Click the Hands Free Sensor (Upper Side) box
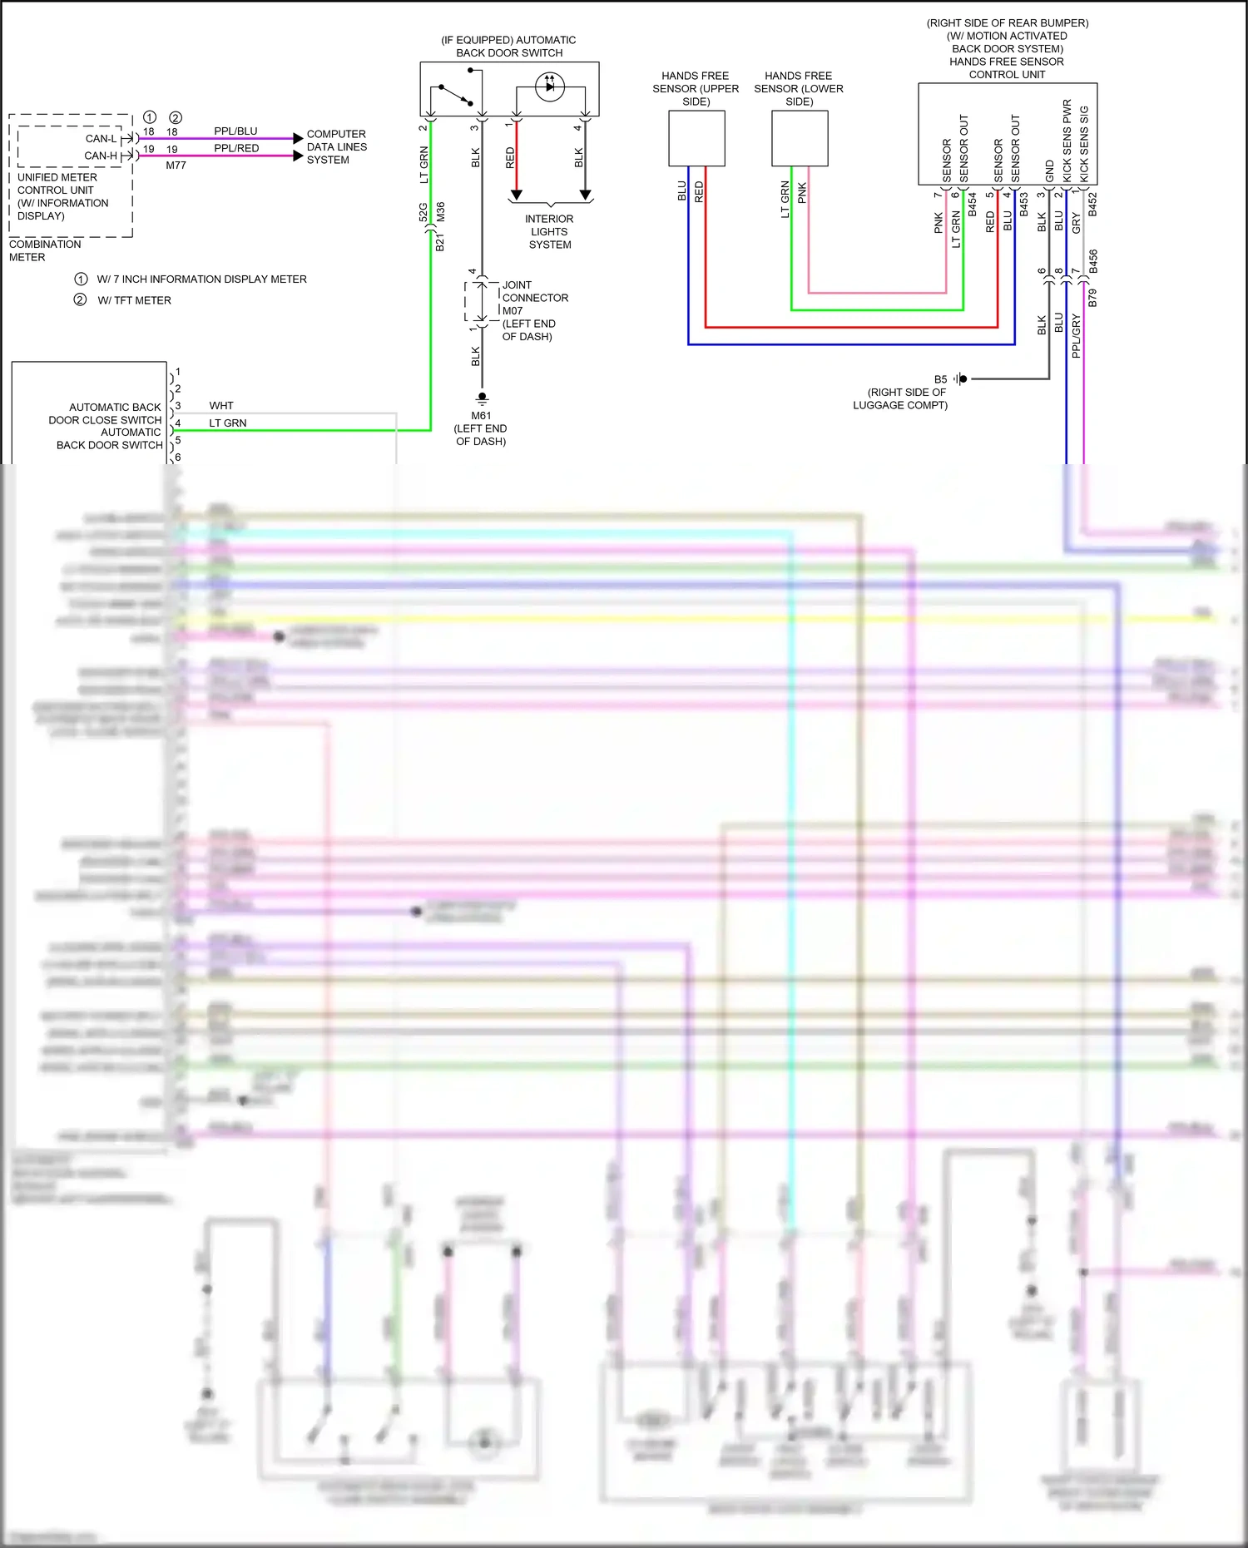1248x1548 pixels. pos(696,138)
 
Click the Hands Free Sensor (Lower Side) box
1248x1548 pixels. pos(799,138)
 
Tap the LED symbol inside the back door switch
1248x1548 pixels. pos(550,87)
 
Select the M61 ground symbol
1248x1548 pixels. pos(481,398)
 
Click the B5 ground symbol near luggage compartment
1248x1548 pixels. pos(961,378)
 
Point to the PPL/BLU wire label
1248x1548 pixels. pos(235,131)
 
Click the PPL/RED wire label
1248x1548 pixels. pos(236,148)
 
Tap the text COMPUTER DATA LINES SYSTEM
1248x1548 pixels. pos(336,146)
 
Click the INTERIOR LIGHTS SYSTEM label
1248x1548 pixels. pos(549,231)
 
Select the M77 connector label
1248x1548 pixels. pos(176,166)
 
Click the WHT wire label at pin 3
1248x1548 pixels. pos(221,406)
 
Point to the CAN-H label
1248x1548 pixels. pos(101,156)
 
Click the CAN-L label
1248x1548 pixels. pos(101,139)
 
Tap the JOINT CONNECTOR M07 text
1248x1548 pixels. pos(534,298)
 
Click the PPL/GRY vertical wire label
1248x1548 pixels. pos(1076,336)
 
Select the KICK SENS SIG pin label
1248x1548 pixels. pos(1084,143)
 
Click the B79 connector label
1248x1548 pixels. pos(1092,298)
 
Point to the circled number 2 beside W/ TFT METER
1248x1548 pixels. pos(80,299)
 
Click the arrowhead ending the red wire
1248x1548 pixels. pos(516,195)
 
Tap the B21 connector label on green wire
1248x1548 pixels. pos(439,242)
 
